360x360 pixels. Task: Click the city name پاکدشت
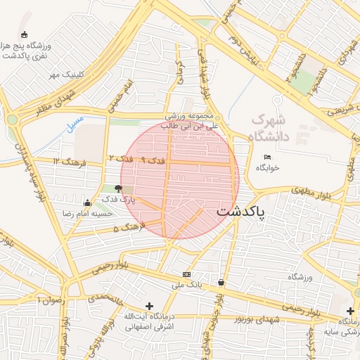click(x=241, y=211)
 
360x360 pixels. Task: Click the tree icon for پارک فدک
click(x=117, y=189)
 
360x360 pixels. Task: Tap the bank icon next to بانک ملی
click(x=186, y=274)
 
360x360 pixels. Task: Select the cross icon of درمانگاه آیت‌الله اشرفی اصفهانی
click(x=148, y=306)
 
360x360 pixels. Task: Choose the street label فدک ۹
click(x=153, y=161)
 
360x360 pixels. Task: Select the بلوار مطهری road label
click(x=312, y=189)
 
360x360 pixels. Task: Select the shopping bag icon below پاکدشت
click(x=221, y=283)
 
